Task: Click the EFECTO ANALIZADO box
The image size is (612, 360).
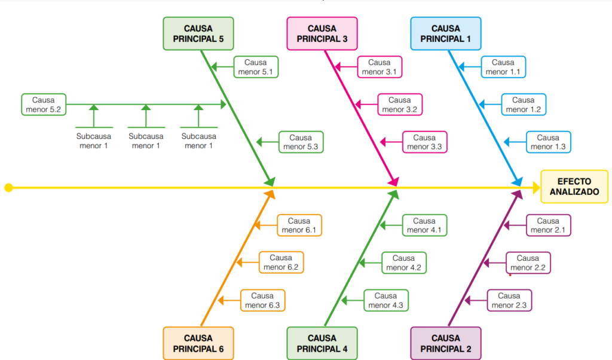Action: click(x=574, y=187)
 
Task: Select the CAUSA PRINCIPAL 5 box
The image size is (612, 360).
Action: click(x=198, y=33)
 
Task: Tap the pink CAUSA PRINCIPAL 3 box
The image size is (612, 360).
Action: click(x=322, y=33)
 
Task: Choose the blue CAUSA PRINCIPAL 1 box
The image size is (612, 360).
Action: click(x=446, y=33)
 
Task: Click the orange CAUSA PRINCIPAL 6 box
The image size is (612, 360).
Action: click(x=198, y=343)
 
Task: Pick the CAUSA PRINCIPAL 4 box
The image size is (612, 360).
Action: click(x=322, y=343)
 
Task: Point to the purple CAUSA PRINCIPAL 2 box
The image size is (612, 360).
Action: click(x=446, y=343)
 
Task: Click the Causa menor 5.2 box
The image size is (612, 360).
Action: click(x=44, y=105)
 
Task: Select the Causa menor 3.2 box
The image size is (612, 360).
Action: click(x=400, y=105)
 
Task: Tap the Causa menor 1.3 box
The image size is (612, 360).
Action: click(x=549, y=142)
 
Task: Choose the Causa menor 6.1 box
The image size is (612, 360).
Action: click(x=299, y=225)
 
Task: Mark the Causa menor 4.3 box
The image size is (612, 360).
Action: click(x=386, y=300)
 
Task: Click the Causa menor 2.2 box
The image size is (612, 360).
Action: click(x=528, y=263)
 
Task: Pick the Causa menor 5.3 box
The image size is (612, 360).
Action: click(x=301, y=142)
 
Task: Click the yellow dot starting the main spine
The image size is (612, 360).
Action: click(x=8, y=188)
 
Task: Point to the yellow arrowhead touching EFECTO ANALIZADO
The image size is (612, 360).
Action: click(x=537, y=188)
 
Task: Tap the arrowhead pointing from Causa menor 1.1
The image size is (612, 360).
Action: click(x=461, y=67)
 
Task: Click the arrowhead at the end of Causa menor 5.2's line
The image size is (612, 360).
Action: click(x=224, y=104)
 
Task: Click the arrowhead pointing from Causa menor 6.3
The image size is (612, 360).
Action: click(x=221, y=300)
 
